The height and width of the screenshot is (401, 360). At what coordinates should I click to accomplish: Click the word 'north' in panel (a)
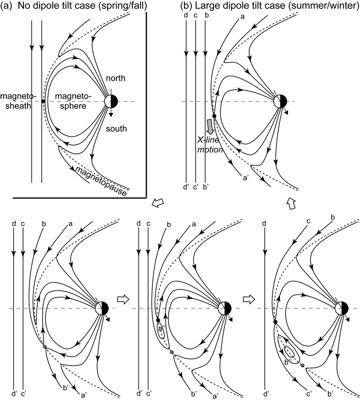click(116, 79)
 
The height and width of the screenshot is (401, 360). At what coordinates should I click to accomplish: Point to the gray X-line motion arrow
click(210, 126)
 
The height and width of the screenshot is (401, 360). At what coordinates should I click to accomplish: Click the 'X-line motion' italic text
click(212, 145)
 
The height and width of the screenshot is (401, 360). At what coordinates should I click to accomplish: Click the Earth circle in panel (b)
click(280, 102)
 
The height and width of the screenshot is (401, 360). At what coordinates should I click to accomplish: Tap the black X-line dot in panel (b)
click(214, 116)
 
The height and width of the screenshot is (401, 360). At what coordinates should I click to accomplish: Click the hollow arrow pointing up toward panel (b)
click(290, 205)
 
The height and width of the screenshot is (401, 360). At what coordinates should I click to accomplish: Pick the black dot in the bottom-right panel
click(274, 321)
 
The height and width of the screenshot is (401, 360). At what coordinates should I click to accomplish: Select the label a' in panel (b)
click(246, 178)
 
